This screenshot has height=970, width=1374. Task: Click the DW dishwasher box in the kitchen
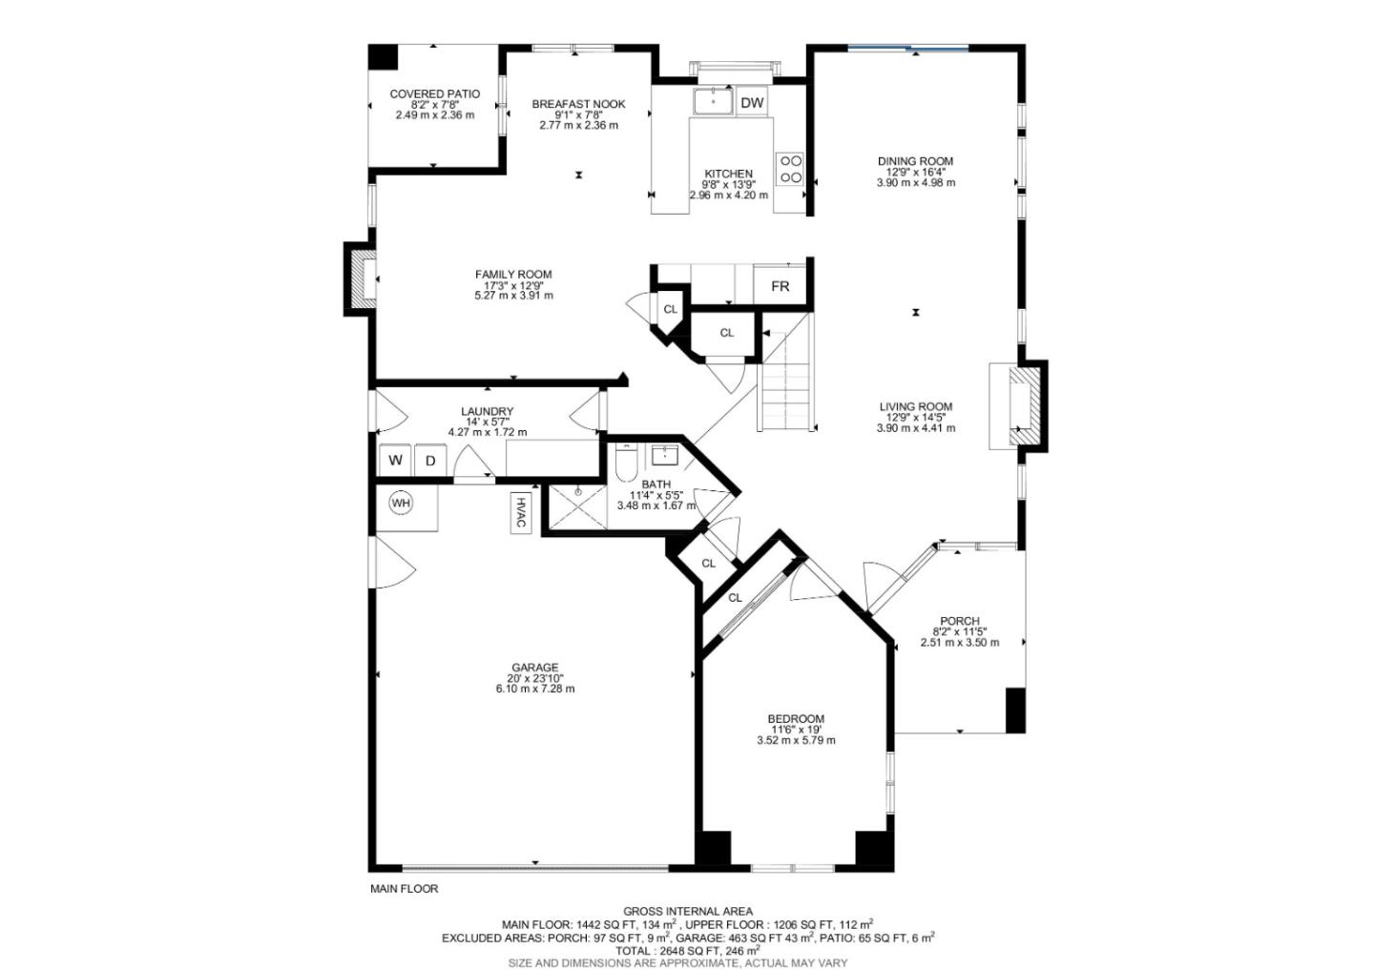pos(752,103)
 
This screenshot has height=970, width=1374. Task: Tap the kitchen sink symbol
pos(712,100)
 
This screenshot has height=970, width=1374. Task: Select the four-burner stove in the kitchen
pos(791,169)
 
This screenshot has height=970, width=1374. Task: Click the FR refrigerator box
pos(780,286)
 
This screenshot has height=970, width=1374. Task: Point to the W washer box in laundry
pos(395,461)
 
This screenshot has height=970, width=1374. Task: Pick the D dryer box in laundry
pos(430,461)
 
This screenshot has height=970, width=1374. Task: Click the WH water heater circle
pos(401,502)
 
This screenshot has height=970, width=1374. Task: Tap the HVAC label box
pos(521,512)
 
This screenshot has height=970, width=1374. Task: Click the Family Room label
pos(513,275)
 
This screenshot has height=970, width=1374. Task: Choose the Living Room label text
pos(916,406)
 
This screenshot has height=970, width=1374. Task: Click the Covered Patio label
pos(434,94)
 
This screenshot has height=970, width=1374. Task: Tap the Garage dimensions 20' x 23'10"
pos(534,678)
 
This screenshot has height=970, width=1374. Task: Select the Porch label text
pos(959,621)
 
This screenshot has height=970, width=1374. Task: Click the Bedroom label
pos(796,719)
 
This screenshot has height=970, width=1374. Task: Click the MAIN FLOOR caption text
pos(405,889)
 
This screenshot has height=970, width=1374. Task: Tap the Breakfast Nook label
pos(578,104)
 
